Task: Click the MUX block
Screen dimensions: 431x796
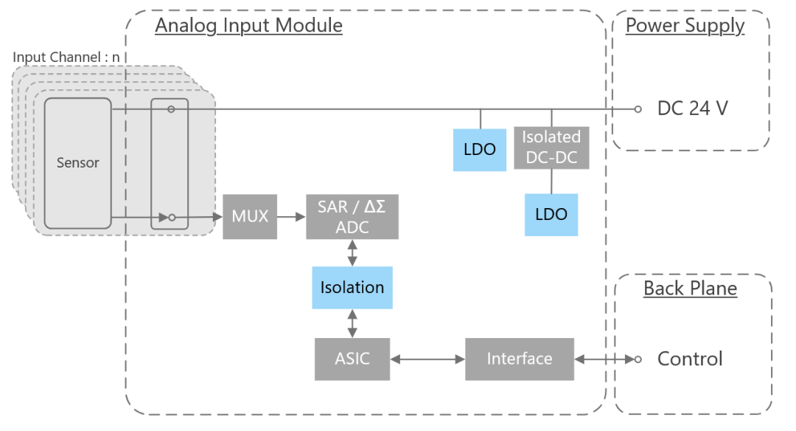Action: click(250, 217)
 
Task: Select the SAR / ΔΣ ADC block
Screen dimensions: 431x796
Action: click(352, 217)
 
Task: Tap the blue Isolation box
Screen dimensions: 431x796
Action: click(352, 287)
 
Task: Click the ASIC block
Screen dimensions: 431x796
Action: click(352, 359)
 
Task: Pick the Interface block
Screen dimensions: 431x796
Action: click(519, 359)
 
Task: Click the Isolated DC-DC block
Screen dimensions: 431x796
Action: click(551, 147)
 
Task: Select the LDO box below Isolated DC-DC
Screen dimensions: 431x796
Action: click(551, 215)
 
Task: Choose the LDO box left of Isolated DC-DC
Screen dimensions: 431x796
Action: click(480, 150)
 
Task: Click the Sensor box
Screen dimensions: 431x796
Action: click(77, 162)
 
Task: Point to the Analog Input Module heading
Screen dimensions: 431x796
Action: click(248, 26)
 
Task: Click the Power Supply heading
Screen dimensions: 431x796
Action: click(685, 26)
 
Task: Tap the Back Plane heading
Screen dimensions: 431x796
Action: click(690, 289)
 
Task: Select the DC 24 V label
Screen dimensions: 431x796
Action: click(692, 109)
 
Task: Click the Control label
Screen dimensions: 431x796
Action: click(690, 359)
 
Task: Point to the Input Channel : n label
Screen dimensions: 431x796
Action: click(66, 57)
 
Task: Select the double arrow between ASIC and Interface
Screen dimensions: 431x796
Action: click(427, 359)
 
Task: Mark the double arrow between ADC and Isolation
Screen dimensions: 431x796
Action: click(352, 252)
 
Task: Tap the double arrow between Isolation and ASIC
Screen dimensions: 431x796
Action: click(352, 323)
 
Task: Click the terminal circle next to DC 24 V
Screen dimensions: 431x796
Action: click(638, 109)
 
